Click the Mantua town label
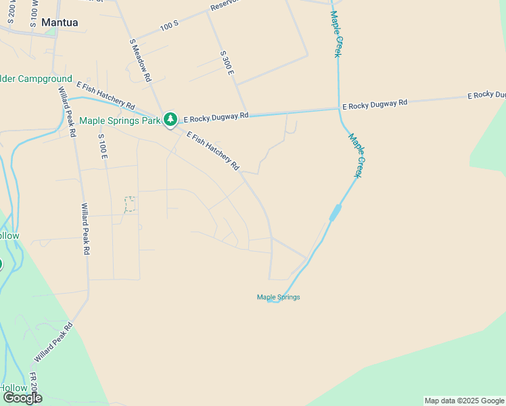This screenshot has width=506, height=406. pyautogui.click(x=60, y=22)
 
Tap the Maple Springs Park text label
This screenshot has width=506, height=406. pyautogui.click(x=120, y=121)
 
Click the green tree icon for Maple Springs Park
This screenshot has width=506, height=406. pyautogui.click(x=170, y=120)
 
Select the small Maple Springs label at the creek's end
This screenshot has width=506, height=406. pyautogui.click(x=278, y=297)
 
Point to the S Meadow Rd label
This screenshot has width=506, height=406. pyautogui.click(x=140, y=60)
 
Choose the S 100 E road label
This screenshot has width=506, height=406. pyautogui.click(x=103, y=147)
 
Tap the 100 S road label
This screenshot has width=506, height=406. pyautogui.click(x=169, y=25)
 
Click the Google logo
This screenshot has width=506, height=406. pyautogui.click(x=22, y=397)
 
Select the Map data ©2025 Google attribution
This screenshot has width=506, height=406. pyautogui.click(x=464, y=401)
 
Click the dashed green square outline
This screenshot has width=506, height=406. pyautogui.click(x=130, y=204)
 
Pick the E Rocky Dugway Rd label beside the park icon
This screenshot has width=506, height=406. pyautogui.click(x=216, y=116)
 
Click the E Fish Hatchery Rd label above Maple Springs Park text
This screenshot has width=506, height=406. pyautogui.click(x=106, y=95)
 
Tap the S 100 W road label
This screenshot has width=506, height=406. pyautogui.click(x=34, y=14)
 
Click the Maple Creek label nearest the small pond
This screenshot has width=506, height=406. pyautogui.click(x=356, y=156)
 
